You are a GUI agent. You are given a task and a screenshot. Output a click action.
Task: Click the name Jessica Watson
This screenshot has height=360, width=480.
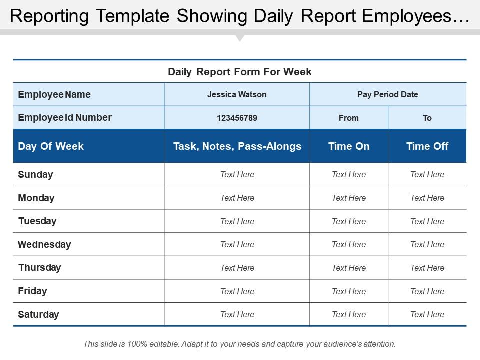pos(237,94)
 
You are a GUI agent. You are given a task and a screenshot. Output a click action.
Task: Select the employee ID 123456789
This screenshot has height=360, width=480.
pos(237,118)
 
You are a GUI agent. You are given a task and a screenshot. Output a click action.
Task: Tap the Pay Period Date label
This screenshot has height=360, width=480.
pos(388,94)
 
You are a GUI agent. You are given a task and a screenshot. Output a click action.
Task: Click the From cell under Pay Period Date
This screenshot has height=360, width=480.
pos(349,118)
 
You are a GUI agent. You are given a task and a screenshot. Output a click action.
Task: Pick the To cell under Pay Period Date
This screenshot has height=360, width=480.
pos(427,118)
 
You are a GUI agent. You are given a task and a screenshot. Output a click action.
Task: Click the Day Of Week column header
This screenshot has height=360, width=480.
pos(51,146)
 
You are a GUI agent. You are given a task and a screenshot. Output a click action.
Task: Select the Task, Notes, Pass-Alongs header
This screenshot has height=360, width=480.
pos(237,146)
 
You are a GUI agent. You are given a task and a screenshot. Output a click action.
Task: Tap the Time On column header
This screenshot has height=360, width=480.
pos(349,146)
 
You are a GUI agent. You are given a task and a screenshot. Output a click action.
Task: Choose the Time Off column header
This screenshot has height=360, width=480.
pos(427,146)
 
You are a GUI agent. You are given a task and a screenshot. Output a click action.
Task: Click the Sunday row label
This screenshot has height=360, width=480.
pos(35,175)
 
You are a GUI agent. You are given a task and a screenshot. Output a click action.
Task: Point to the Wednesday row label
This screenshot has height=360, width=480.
pos(44,245)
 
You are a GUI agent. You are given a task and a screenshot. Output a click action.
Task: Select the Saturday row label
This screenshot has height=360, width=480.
pos(38,315)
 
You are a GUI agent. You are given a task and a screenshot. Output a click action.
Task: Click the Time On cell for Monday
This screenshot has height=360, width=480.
pos(349,198)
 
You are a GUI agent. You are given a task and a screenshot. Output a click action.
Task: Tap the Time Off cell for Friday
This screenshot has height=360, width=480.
pos(427,291)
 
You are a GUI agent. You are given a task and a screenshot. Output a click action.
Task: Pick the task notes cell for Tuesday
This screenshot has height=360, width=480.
pos(237,221)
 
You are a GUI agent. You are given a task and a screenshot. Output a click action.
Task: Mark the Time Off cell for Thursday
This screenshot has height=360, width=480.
pos(427,268)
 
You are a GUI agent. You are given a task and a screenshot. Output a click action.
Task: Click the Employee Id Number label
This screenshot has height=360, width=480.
pos(65,118)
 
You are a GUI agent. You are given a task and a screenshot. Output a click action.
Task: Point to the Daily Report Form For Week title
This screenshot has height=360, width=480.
pos(240,72)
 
